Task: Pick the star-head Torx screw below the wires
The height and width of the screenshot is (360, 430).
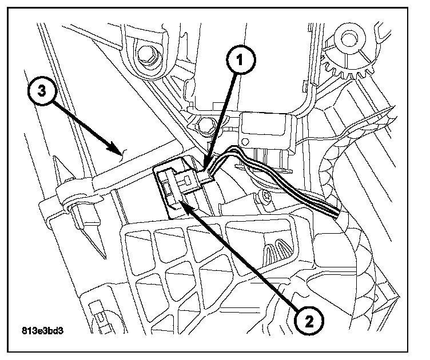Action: tap(264, 197)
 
